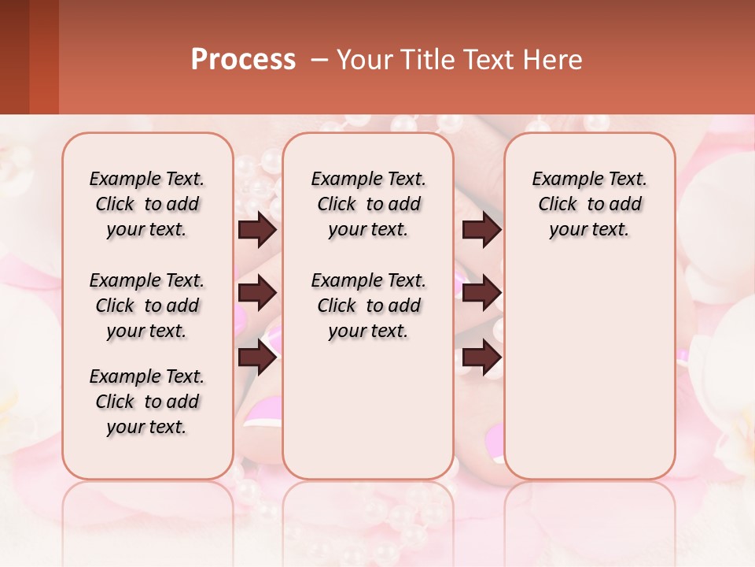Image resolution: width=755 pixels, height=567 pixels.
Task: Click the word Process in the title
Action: (x=243, y=60)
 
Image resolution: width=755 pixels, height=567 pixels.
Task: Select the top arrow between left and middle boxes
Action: (x=257, y=229)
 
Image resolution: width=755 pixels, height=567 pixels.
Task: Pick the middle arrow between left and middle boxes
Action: (x=257, y=293)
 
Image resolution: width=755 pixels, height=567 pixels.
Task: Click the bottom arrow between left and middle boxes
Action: (x=257, y=358)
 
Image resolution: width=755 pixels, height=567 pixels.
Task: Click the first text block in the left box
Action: (x=147, y=204)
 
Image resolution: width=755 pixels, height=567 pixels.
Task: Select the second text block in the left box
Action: (x=147, y=306)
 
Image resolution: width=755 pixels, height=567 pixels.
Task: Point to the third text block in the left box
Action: (x=147, y=402)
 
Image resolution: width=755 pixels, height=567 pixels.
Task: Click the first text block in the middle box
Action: (x=368, y=204)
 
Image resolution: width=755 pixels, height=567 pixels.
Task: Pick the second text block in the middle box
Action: (x=368, y=306)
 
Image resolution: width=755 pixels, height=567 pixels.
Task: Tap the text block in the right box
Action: (x=589, y=204)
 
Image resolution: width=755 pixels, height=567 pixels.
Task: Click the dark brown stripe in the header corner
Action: (x=14, y=57)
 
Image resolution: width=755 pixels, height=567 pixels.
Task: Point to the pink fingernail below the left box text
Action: (x=263, y=409)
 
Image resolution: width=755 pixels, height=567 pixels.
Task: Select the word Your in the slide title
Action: (x=361, y=60)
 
